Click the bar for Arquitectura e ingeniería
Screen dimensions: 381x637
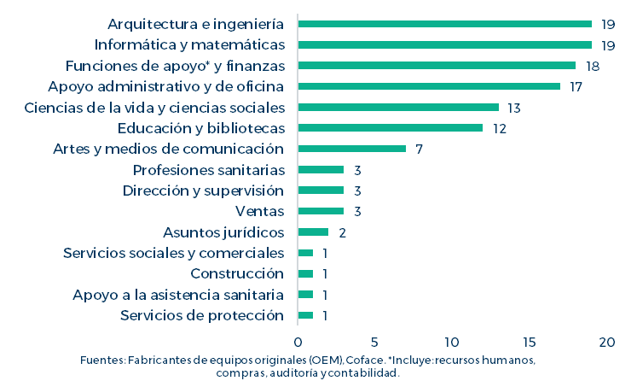coord(444,24)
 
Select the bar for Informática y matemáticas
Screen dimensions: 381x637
coord(444,44)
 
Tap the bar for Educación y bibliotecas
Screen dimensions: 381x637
coord(390,128)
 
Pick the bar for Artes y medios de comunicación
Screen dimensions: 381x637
coord(351,149)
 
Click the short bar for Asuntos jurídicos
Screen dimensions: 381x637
coord(313,232)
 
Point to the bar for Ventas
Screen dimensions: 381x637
coord(321,211)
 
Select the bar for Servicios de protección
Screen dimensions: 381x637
coord(305,315)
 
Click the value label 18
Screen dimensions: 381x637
coord(594,66)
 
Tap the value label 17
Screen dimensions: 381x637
coord(577,86)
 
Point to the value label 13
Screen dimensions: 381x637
coord(514,108)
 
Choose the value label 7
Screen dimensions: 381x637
coord(420,149)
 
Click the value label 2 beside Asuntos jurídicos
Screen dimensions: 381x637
coord(342,232)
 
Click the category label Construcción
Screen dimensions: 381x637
coord(236,273)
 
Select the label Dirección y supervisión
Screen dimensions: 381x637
coord(203,190)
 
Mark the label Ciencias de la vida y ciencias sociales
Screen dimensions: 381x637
coord(153,107)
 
